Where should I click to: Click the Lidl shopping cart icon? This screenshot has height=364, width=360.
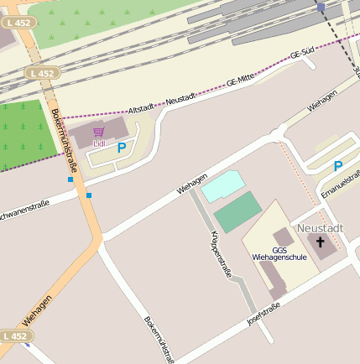coord(99,132)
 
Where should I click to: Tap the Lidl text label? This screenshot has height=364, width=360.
coord(99,143)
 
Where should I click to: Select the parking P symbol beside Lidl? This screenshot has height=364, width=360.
coord(122,148)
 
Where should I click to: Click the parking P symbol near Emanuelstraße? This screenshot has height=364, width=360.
coord(338,166)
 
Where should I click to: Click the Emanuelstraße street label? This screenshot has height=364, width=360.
coord(341,185)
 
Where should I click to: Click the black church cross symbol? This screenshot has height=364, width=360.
coord(321,243)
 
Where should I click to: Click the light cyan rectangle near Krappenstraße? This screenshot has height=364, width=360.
coord(221,185)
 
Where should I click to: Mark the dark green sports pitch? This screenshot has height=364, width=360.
coord(237,211)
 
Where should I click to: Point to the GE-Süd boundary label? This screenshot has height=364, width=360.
coord(302,55)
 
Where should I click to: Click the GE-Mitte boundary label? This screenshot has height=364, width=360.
coord(240,81)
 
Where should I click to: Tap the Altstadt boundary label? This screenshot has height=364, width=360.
coord(142,109)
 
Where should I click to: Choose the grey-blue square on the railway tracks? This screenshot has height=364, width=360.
coord(321,7)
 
